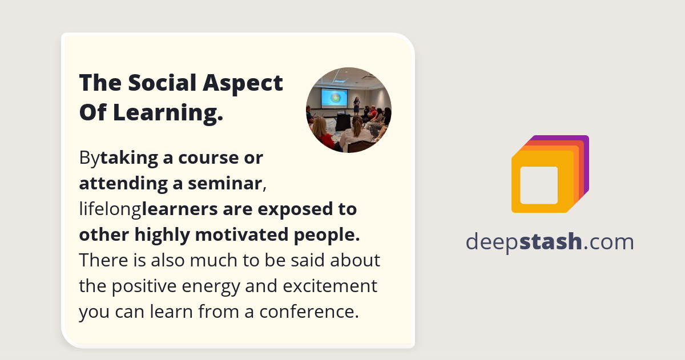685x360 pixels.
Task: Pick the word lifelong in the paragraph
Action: point(110,209)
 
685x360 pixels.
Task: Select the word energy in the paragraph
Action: point(221,286)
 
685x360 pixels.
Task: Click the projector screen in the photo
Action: point(334,98)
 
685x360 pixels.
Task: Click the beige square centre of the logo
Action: point(539,185)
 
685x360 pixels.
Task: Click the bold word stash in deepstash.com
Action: point(551,242)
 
